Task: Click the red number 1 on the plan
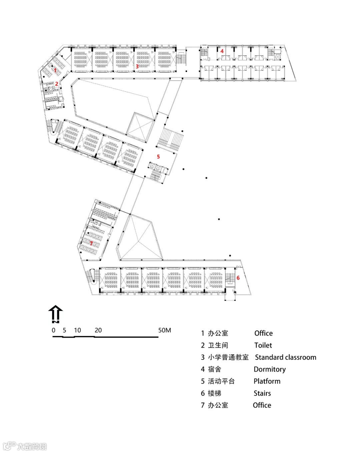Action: click(x=55, y=70)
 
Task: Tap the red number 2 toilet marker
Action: click(x=57, y=84)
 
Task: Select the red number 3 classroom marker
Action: click(x=137, y=66)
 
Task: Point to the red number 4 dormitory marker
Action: click(x=222, y=51)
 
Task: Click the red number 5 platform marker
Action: click(x=158, y=156)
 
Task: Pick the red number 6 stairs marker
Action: click(x=238, y=278)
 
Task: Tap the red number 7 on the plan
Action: click(x=91, y=243)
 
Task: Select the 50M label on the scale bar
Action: click(x=165, y=330)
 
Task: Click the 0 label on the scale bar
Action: click(x=54, y=330)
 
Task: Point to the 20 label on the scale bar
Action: click(x=98, y=330)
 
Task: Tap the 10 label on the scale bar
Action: click(x=77, y=330)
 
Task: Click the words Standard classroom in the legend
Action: click(x=285, y=357)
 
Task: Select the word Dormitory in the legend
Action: click(x=269, y=369)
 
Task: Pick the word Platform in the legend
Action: click(x=267, y=381)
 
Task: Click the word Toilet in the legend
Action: click(x=263, y=345)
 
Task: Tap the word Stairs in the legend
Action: click(x=262, y=393)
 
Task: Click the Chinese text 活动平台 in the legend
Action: click(x=221, y=381)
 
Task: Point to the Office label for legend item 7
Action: click(x=262, y=405)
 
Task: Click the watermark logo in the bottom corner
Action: click(x=9, y=446)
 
